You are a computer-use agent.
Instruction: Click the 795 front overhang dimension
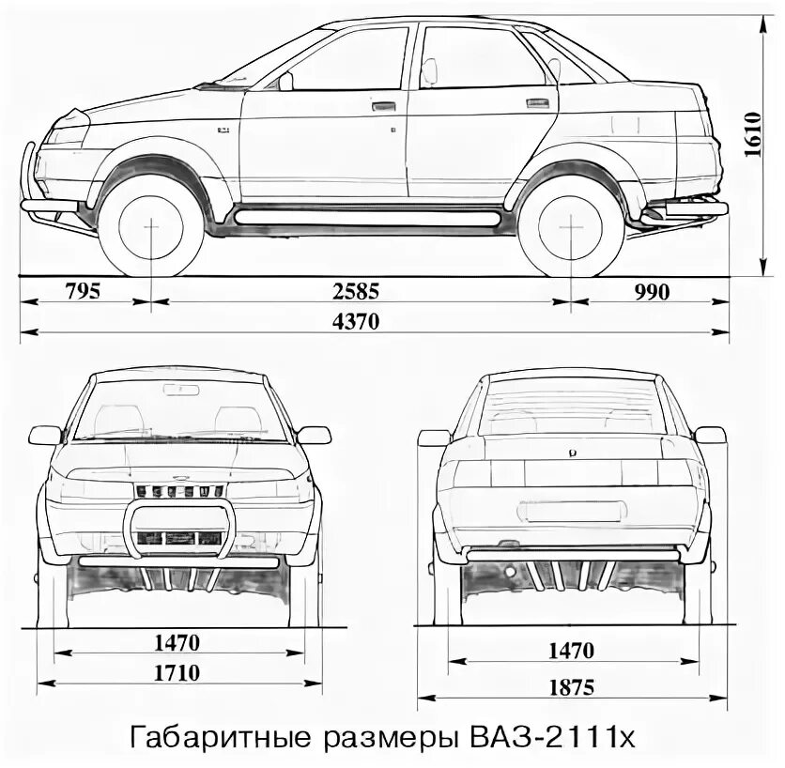point(83,290)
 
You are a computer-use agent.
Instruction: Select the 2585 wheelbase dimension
point(361,290)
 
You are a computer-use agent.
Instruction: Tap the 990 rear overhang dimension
point(651,291)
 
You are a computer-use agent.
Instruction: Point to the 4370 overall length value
point(355,320)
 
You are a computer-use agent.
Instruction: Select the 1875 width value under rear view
point(574,687)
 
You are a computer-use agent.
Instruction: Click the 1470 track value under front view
point(178,643)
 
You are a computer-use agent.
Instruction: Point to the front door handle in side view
point(383,108)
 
